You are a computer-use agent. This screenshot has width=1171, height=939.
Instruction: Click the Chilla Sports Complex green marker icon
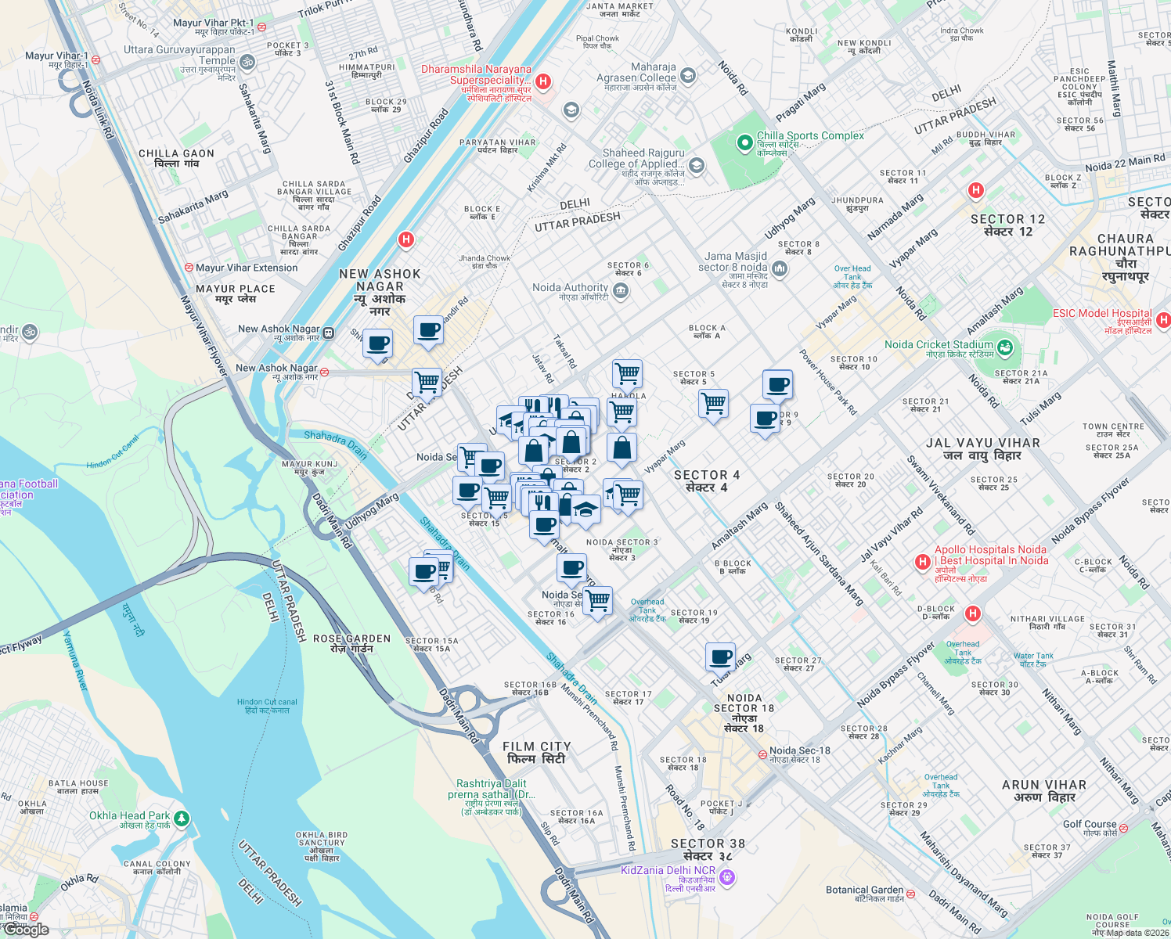744,143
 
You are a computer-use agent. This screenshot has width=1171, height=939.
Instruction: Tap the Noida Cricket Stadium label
939,345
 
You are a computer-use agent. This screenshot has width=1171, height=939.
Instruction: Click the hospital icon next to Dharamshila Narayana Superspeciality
544,81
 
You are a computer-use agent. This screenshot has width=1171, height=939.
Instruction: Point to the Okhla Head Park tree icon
182,818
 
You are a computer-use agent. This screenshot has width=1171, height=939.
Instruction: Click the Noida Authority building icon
621,292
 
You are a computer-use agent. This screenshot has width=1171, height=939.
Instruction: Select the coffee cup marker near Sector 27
720,657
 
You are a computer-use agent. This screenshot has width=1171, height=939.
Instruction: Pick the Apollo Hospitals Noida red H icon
923,562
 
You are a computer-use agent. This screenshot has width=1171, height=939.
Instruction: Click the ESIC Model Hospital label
1102,313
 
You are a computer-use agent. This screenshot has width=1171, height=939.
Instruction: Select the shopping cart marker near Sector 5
713,404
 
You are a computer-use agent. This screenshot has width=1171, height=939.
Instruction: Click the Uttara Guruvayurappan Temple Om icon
247,62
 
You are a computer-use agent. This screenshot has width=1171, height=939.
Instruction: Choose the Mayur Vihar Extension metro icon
189,268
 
